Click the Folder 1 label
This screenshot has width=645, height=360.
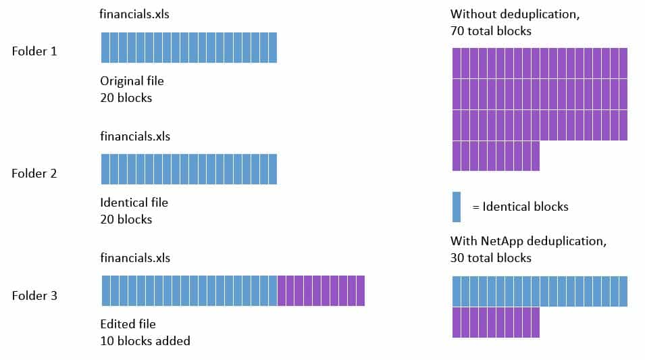34,51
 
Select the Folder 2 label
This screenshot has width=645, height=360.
34,174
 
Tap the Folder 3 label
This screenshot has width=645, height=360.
34,296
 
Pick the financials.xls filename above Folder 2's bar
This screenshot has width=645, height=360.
135,136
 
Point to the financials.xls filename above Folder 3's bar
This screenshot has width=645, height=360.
135,258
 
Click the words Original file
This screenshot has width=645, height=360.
132,81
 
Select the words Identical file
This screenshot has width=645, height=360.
134,203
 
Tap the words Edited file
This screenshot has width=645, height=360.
128,324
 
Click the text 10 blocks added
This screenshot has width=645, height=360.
145,341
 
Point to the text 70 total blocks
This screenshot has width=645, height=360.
491,31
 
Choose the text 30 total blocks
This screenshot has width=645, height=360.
491,258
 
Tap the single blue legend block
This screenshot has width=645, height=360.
457,207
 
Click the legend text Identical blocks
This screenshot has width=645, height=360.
525,207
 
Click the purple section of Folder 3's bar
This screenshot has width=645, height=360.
321,290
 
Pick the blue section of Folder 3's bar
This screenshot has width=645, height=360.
189,290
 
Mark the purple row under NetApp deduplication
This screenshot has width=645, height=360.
496,322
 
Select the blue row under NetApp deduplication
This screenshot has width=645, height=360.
540,291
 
